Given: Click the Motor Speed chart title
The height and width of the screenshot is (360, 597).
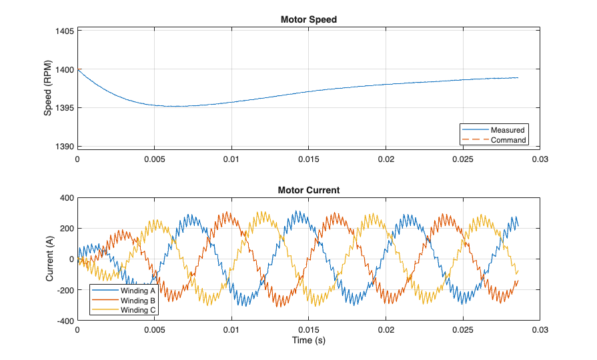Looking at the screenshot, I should (x=308, y=19).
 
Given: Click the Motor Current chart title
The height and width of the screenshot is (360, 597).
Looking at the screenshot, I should (x=308, y=190).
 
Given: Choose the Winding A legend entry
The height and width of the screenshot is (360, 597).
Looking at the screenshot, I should (x=138, y=291).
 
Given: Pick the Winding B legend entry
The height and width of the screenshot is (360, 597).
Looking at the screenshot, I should (x=138, y=301).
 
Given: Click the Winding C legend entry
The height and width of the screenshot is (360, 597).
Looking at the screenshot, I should (x=138, y=310).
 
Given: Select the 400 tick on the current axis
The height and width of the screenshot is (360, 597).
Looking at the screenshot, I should (x=67, y=198).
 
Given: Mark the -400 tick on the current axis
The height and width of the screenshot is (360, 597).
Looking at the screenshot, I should (x=65, y=321).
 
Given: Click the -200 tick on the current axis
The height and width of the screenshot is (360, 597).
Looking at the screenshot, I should (x=65, y=290).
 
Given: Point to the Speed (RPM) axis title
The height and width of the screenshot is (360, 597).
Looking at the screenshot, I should (x=47, y=88).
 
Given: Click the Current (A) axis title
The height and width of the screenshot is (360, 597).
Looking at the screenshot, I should (x=50, y=259).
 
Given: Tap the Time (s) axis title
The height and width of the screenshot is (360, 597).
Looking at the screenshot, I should (x=308, y=341).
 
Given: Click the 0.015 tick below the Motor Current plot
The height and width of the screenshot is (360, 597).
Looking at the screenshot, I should (x=308, y=330).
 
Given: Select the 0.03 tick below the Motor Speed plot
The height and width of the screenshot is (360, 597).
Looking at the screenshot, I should (x=540, y=160).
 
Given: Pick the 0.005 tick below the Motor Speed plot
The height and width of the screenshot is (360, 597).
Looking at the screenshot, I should (x=154, y=160).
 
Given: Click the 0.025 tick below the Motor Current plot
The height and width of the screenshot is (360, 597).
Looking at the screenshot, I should (x=462, y=330).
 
